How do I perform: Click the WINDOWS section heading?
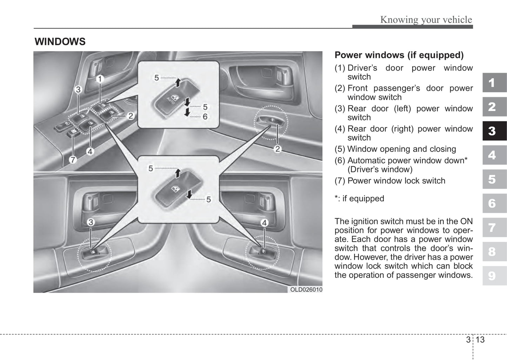click(x=60, y=42)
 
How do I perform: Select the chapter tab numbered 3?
click(x=494, y=131)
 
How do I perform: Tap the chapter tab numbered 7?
click(x=494, y=228)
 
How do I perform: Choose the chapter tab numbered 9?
click(x=494, y=276)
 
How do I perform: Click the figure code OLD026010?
click(x=306, y=290)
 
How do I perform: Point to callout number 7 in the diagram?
click(x=73, y=160)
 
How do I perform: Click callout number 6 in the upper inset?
click(x=205, y=116)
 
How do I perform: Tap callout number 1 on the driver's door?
click(x=100, y=79)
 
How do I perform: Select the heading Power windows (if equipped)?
click(x=399, y=55)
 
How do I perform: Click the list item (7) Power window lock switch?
click(x=390, y=181)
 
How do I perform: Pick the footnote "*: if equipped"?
click(x=359, y=199)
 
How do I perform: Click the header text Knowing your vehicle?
click(x=426, y=20)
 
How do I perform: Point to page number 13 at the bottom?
click(x=480, y=340)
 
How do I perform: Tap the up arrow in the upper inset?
click(x=178, y=82)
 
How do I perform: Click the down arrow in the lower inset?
click(x=189, y=194)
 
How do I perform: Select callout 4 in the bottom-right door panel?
click(x=264, y=222)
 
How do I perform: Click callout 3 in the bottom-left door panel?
click(x=91, y=222)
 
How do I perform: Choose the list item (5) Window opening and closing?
click(x=395, y=149)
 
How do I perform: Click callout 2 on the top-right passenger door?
click(x=278, y=149)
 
